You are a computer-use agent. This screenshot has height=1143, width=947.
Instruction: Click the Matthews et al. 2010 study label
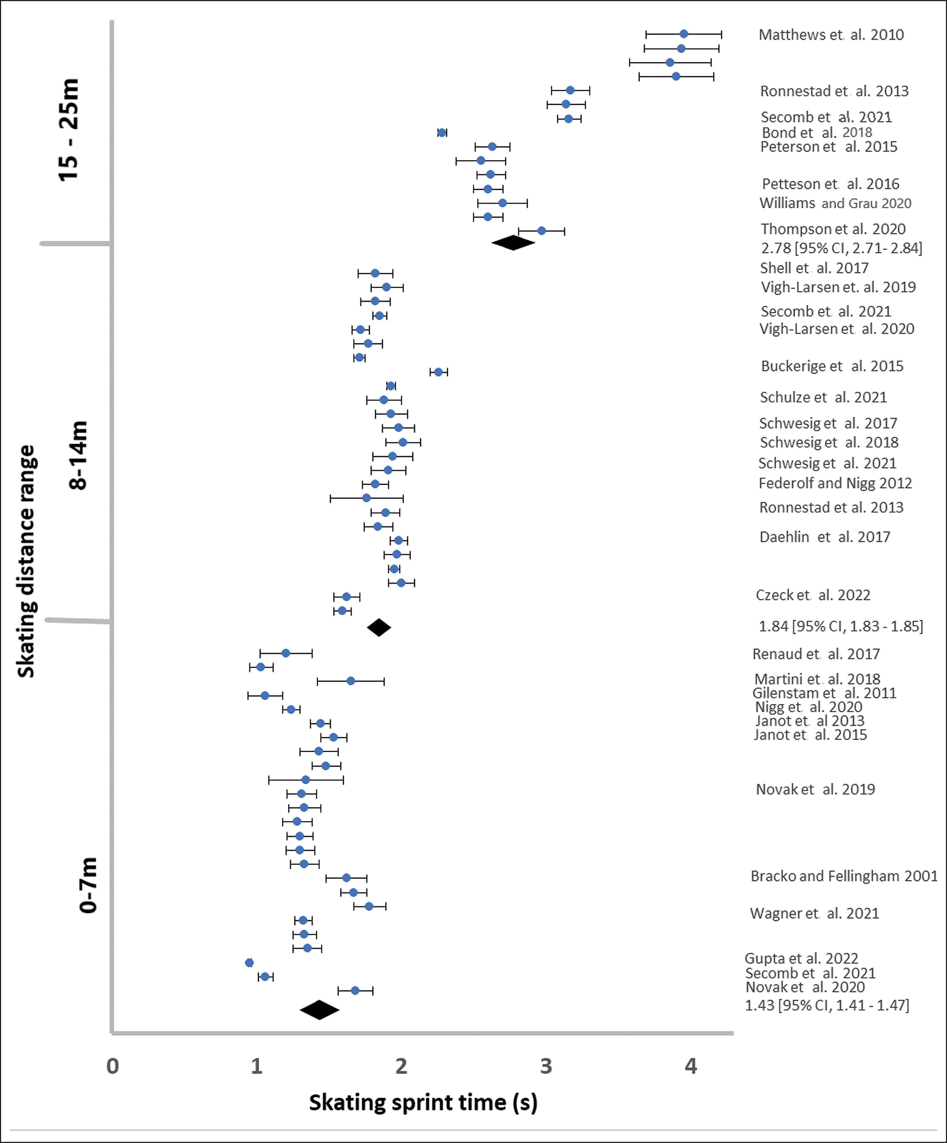pos(831,35)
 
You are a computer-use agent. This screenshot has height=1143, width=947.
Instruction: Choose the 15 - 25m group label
pos(69,129)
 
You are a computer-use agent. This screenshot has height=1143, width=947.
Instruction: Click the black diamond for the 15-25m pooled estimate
pos(513,243)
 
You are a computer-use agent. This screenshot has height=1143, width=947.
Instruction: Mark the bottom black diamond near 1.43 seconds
pos(320,1010)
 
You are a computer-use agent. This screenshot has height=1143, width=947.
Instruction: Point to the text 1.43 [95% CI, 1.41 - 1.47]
pos(827,1005)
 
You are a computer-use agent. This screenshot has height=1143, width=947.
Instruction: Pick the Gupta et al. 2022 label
pos(801,958)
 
